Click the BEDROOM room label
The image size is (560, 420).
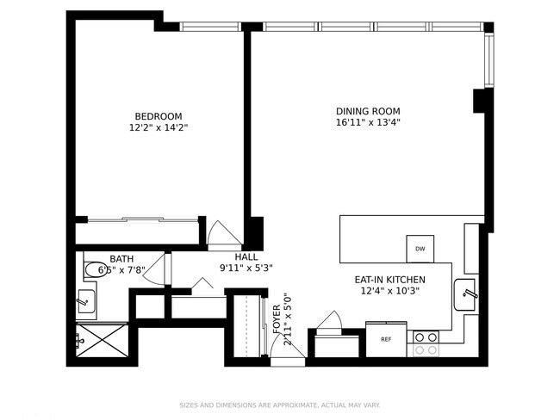coord(158,116)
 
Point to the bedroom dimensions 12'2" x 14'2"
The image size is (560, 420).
coord(158,127)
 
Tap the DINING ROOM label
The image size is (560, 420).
coord(368,110)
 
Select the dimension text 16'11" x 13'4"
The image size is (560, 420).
coord(368,121)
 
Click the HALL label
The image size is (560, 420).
coord(246,256)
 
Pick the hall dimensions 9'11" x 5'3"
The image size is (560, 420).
coord(246,268)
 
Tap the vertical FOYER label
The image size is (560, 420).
coord(277,319)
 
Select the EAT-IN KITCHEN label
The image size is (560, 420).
coord(389,280)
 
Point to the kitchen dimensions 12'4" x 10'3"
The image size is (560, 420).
coord(389,291)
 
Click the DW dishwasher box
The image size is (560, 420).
coord(420,249)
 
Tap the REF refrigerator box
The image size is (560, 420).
coord(386,339)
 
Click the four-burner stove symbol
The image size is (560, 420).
coord(426,343)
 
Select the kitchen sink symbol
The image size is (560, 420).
coord(465,294)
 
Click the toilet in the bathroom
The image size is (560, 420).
coord(95,271)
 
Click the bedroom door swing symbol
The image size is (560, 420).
coord(221,234)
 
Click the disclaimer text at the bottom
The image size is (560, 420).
coord(279,404)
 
